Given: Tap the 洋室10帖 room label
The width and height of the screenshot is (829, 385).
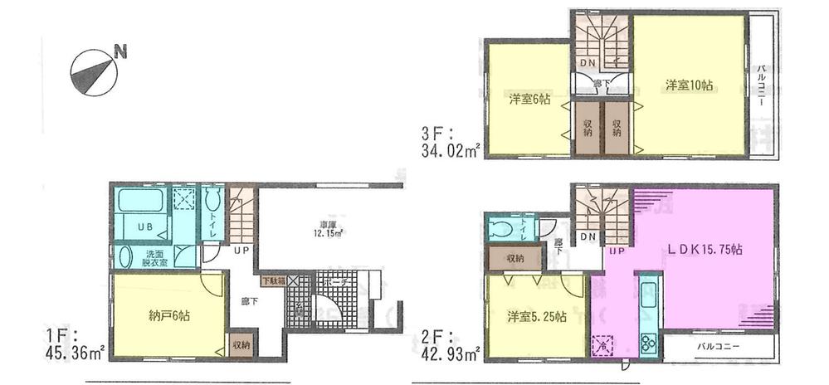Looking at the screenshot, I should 690,85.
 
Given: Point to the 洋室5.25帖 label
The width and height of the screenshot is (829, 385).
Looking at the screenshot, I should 536,316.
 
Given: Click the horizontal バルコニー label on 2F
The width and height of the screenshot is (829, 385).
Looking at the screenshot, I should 718,346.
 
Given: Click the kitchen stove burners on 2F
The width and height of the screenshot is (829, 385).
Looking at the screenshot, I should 647,342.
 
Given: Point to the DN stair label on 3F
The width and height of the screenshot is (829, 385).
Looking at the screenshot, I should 587,64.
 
